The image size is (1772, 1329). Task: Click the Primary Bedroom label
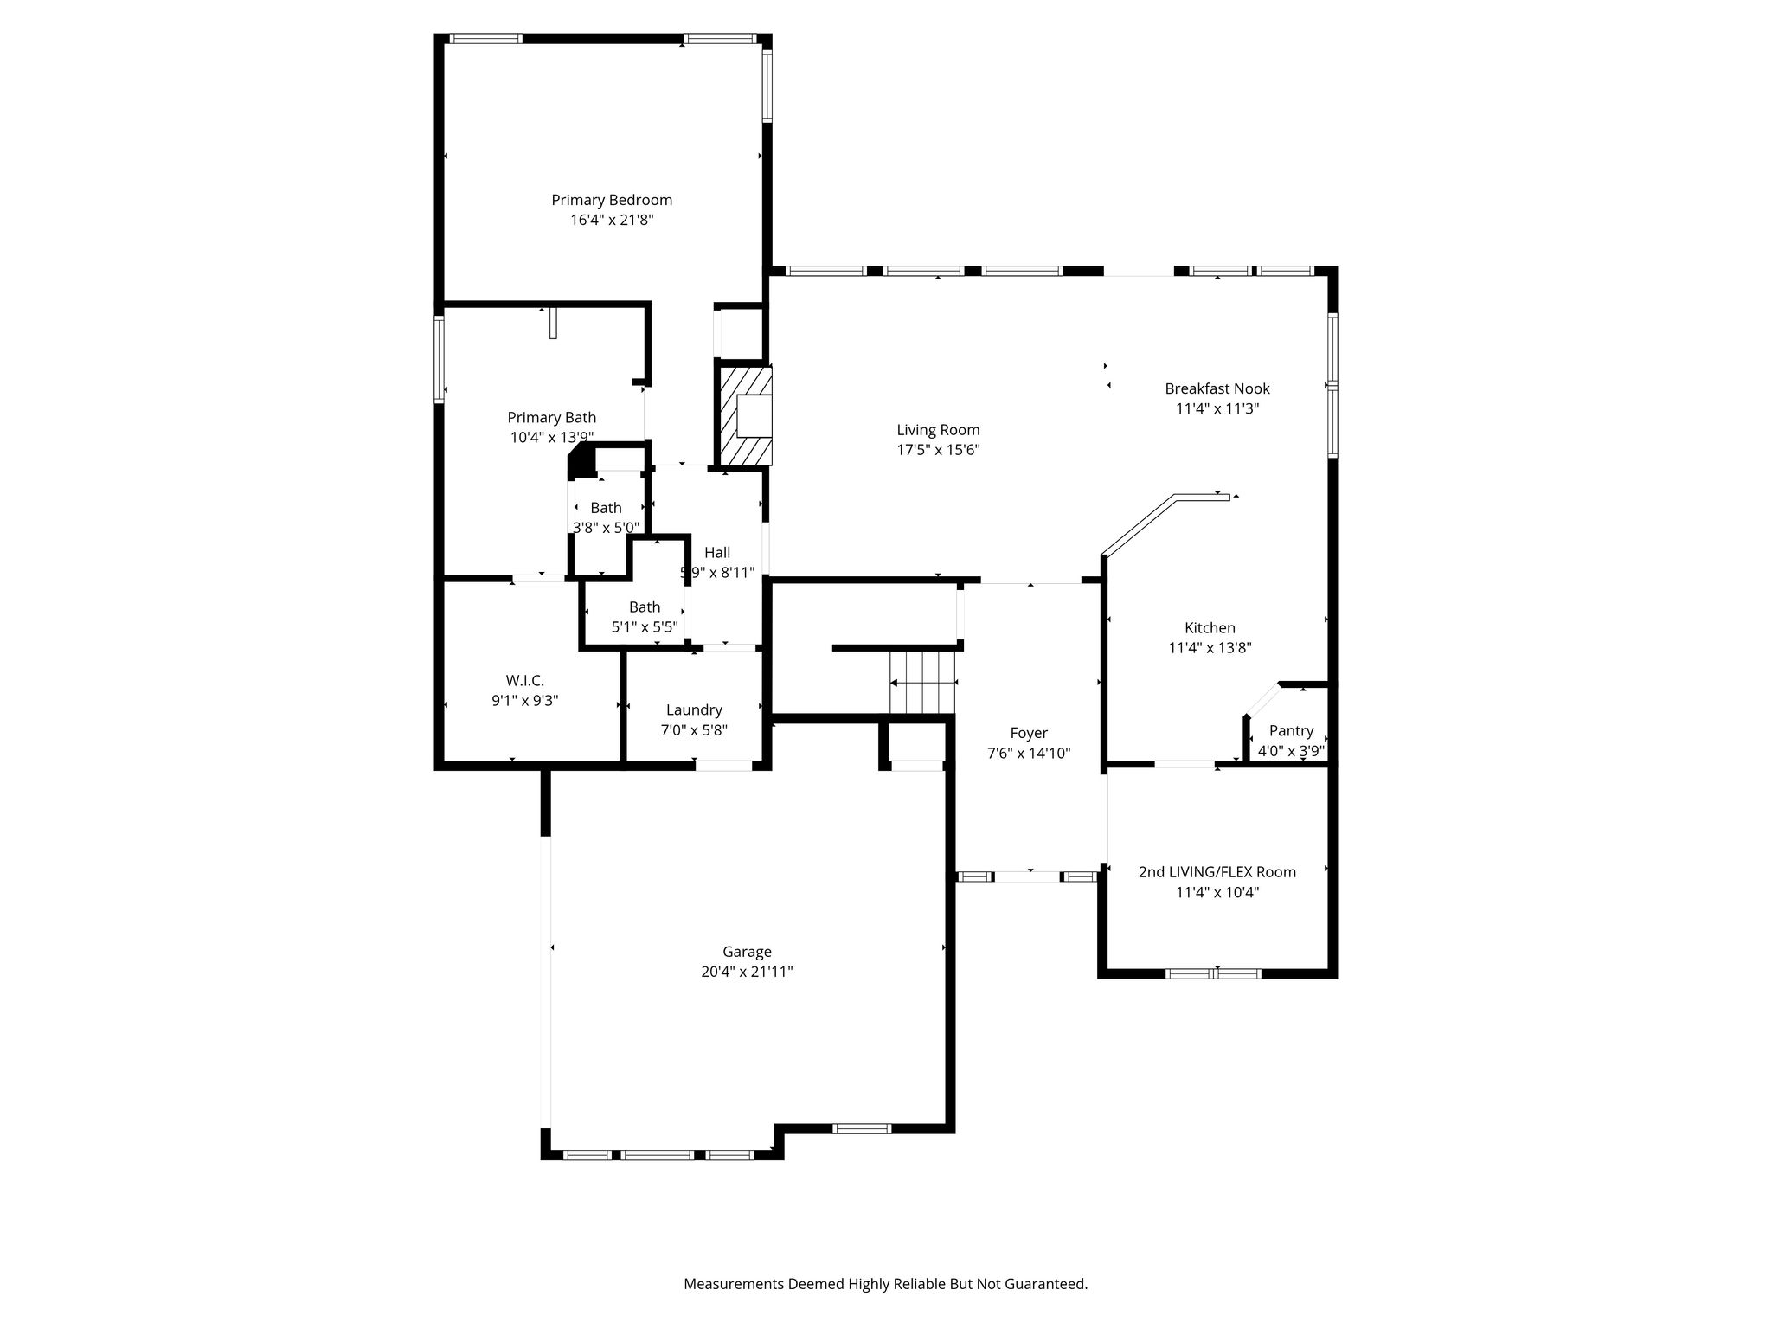coord(612,200)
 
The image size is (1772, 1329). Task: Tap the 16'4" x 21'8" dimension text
coord(612,220)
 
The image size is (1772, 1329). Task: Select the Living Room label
coord(938,430)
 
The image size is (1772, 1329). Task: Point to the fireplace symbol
coord(743,416)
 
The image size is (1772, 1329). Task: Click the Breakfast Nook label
coord(1217,388)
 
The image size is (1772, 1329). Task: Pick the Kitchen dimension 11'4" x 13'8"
coord(1210,647)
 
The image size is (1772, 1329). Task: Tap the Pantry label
coord(1291,731)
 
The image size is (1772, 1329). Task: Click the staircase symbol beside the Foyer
coord(922,683)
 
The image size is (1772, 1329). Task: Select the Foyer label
coord(1029,734)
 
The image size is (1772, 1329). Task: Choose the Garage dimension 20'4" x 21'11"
coord(747,972)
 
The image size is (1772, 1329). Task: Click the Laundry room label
coord(694,710)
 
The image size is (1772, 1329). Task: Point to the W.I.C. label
coord(525,681)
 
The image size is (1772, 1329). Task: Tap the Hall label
coord(717,553)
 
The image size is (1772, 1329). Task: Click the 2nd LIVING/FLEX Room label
coord(1217,872)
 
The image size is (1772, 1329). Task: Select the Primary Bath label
coord(552,418)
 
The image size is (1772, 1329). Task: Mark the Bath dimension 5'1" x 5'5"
coord(645,627)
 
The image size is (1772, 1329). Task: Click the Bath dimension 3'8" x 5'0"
coord(607,527)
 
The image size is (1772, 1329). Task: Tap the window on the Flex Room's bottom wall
coord(1213,973)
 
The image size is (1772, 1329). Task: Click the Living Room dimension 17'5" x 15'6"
coord(938,450)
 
